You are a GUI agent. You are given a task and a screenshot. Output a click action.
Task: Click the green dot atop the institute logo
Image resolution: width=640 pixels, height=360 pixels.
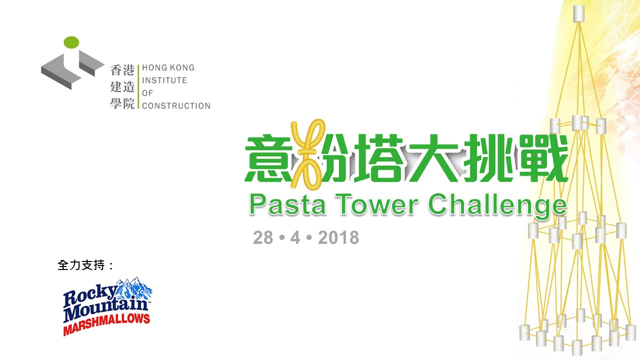pos(71,42)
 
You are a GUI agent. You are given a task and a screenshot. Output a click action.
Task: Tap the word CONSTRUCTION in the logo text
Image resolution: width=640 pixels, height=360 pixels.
pos(176,105)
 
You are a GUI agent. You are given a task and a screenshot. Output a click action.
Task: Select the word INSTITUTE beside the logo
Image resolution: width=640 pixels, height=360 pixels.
pos(164,80)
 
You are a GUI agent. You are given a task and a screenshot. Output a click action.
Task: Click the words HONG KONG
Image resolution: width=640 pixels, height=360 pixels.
pos(168,67)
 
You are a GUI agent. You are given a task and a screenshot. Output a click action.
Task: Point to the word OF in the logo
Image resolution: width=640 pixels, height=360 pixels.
pos(147,93)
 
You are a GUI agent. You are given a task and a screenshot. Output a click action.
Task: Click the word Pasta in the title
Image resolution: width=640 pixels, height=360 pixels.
pos(287,204)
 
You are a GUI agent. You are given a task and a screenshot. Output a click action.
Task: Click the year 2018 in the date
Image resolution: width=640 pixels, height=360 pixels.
pos(338,237)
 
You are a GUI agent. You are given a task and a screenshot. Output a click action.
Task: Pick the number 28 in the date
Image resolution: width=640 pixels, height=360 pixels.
pos(263,237)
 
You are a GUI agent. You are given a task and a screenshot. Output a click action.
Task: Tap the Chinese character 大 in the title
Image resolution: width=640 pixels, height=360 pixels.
pos(434,158)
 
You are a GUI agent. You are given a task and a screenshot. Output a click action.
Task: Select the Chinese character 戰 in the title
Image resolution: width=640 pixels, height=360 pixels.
pos(543,158)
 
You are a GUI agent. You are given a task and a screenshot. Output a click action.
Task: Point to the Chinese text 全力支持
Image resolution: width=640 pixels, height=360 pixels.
pos(81,265)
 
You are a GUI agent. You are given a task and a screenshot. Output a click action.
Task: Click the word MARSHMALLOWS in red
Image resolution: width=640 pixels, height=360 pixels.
pos(106,324)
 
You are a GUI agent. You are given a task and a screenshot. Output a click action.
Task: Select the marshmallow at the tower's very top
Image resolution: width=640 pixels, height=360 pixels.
pos(579,13)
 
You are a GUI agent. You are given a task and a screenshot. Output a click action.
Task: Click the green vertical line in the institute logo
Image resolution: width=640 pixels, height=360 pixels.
pos(138,86)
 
